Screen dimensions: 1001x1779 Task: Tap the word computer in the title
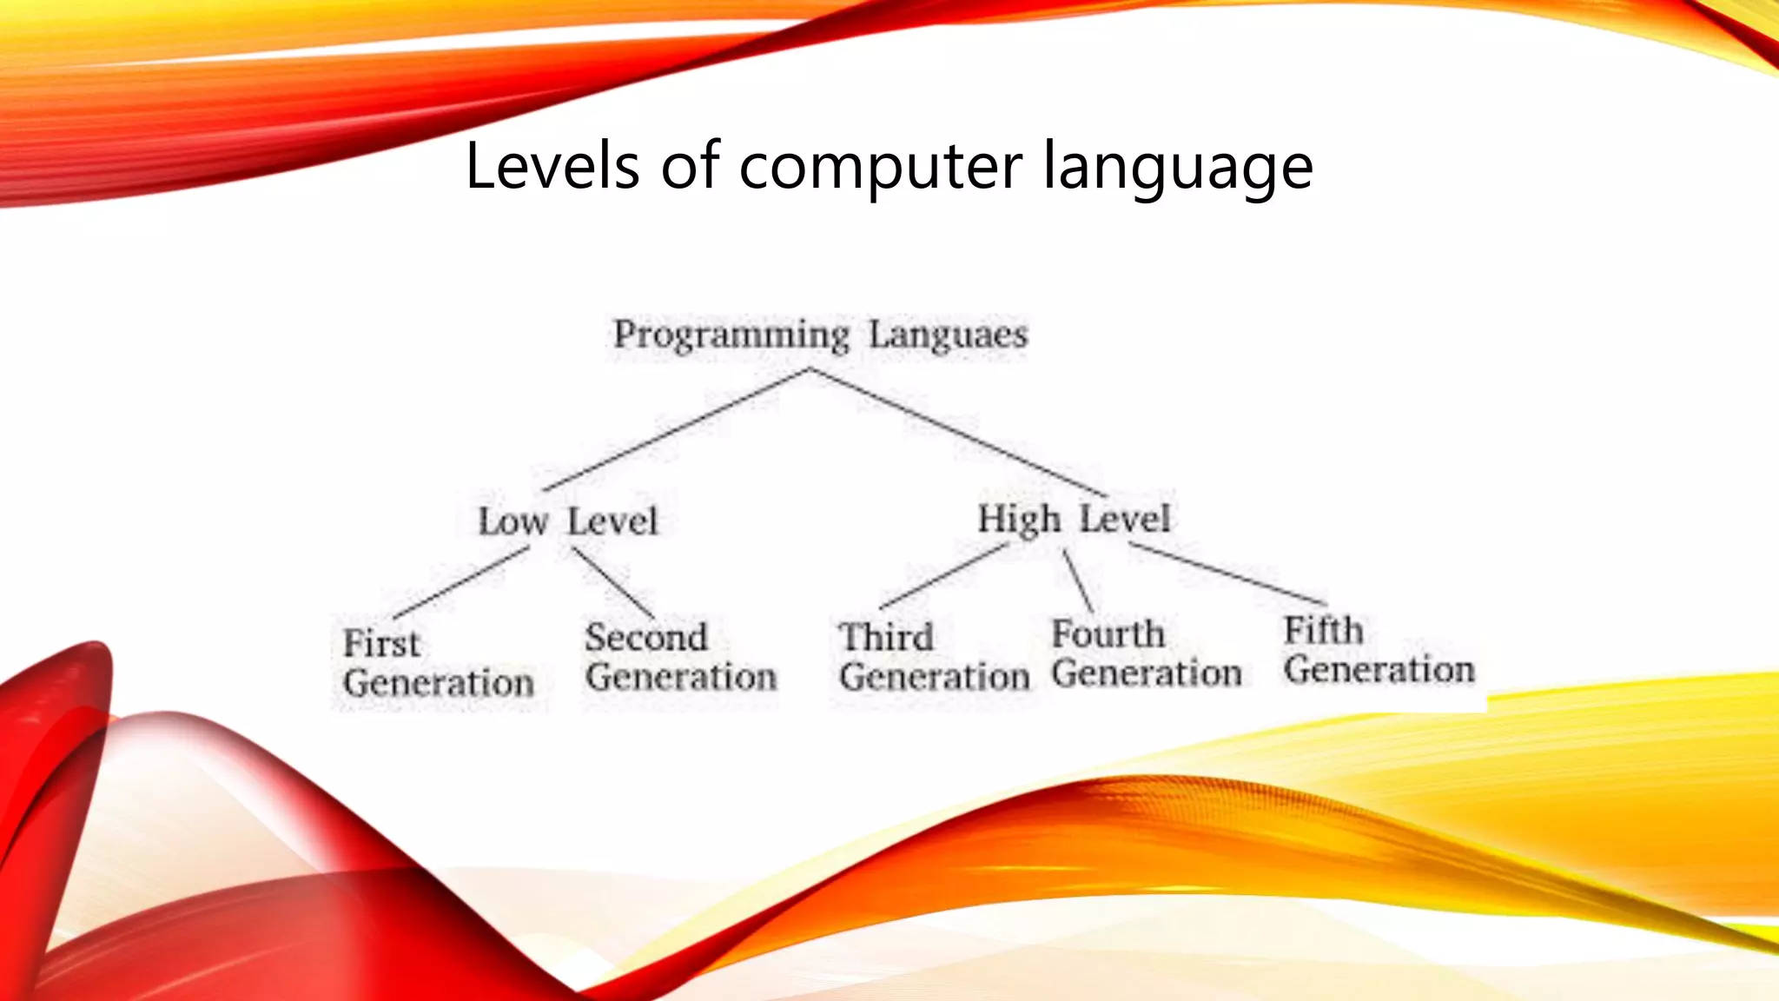[881, 167]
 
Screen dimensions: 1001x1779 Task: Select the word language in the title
[1177, 167]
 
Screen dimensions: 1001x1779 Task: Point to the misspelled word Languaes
[949, 335]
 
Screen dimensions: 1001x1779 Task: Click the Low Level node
[568, 521]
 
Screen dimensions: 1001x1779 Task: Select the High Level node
[1074, 519]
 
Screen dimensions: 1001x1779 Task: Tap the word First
[381, 644]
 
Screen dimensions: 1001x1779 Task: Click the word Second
[646, 638]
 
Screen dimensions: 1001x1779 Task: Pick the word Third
[886, 637]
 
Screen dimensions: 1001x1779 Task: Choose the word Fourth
[1108, 633]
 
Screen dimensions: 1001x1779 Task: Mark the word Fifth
[1323, 630]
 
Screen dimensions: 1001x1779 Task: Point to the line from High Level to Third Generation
[945, 575]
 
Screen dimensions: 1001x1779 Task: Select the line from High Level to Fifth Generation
[1227, 573]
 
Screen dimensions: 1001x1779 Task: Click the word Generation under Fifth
[1379, 670]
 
